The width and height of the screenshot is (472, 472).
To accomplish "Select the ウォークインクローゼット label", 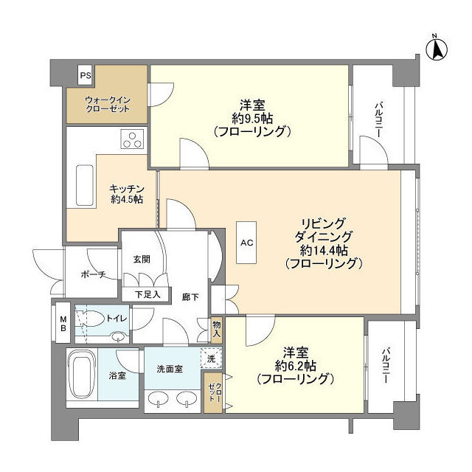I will tap(107, 104).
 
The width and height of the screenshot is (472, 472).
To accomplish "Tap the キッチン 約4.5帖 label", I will tap(126, 194).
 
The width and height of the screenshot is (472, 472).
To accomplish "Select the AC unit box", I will tap(246, 241).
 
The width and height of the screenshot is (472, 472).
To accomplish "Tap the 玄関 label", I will tap(142, 259).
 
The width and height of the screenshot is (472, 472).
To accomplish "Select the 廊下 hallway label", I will tap(190, 296).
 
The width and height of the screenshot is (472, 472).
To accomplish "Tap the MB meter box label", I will tap(63, 322).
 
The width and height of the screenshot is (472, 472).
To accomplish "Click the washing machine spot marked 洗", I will tap(211, 359).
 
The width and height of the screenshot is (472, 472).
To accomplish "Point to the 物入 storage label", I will tap(216, 329).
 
